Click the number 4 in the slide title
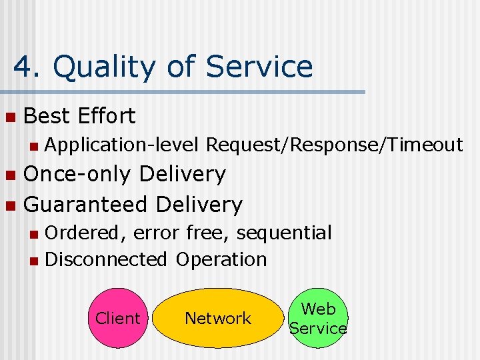[x=23, y=67]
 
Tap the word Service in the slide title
[x=259, y=67]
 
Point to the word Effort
[x=107, y=117]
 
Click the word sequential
[x=284, y=233]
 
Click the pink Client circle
[x=117, y=318]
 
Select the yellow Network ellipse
[x=218, y=318]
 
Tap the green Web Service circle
[x=318, y=318]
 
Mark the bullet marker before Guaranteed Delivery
[x=9, y=205]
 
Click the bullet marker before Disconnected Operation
[x=35, y=260]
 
